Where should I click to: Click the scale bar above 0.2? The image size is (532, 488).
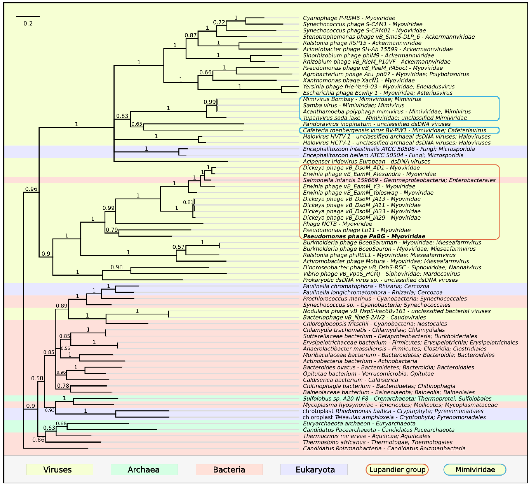tap(28, 16)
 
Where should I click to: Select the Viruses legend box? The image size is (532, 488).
tap(60, 469)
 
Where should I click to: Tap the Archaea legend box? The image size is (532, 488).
tap(144, 469)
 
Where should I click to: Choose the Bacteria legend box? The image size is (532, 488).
tap(229, 469)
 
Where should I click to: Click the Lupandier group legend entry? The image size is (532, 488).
tap(397, 469)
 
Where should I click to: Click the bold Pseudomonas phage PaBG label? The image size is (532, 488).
tap(364, 236)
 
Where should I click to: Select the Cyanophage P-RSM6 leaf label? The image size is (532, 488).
tap(349, 18)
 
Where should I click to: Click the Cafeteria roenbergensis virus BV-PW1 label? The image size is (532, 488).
tap(394, 130)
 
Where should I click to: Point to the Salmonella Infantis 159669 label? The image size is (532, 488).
tap(399, 180)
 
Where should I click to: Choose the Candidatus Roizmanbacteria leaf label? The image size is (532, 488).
tap(384, 448)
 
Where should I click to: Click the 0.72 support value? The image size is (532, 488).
tap(219, 23)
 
